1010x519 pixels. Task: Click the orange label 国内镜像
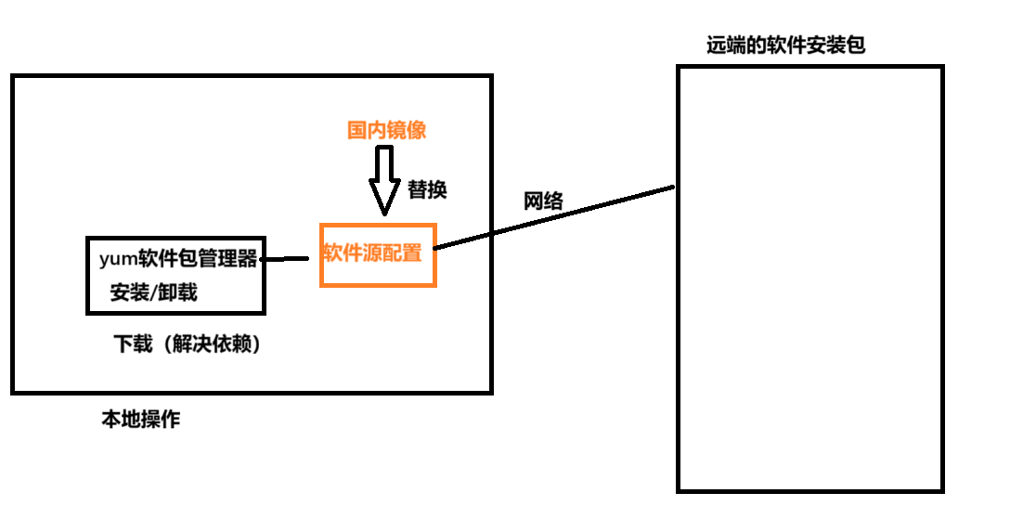click(x=386, y=131)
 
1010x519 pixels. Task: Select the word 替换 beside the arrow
click(x=428, y=189)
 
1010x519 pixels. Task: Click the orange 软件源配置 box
click(x=377, y=253)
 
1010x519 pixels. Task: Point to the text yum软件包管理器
click(x=177, y=259)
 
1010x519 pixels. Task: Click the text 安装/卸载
click(x=153, y=292)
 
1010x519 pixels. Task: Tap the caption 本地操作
click(x=140, y=420)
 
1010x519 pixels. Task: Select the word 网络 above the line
click(x=543, y=201)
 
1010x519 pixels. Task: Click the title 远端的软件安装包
click(x=785, y=45)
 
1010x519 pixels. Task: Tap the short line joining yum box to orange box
click(x=286, y=259)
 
